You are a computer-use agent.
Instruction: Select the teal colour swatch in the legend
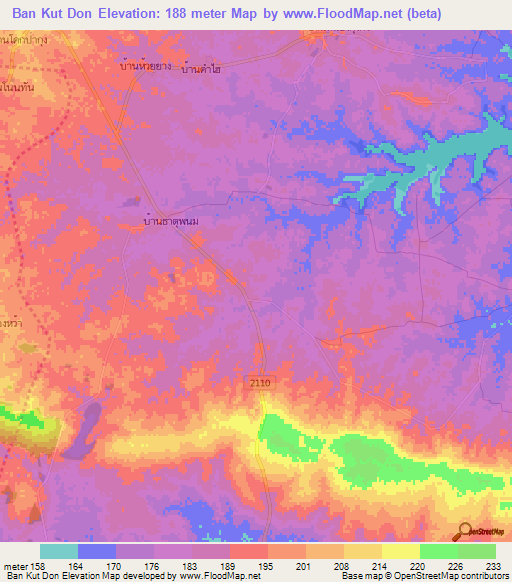click(x=58, y=551)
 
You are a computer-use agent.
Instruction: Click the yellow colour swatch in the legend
click(x=400, y=551)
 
